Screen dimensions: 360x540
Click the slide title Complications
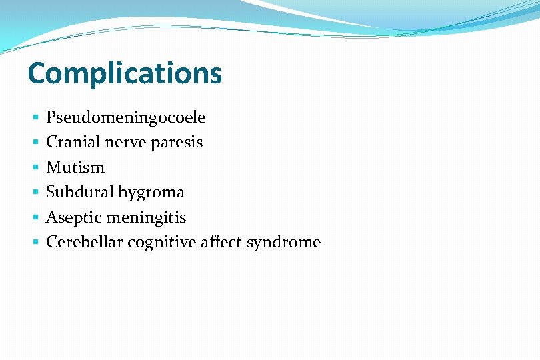(125, 73)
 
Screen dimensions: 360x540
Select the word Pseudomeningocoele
(125, 118)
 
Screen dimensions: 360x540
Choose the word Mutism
(75, 167)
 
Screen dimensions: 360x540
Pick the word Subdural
(79, 192)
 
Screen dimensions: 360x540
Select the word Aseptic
(73, 217)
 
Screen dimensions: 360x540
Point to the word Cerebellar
(84, 242)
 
